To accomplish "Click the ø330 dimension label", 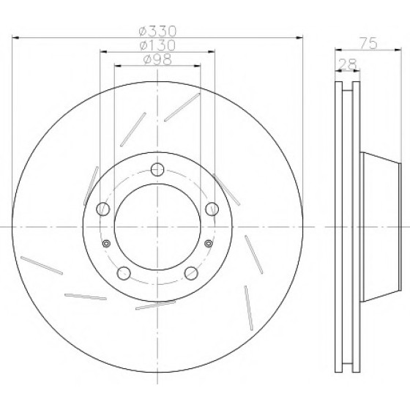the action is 157,31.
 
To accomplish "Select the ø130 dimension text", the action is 157,45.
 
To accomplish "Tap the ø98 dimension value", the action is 157,59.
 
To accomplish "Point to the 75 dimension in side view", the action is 369,43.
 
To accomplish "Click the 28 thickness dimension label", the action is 348,64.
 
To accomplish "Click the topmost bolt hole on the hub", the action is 157,169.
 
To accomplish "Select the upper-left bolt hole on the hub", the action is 103,209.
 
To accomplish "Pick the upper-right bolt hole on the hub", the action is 212,209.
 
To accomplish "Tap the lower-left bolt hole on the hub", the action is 124,273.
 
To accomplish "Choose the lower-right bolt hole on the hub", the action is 191,273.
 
